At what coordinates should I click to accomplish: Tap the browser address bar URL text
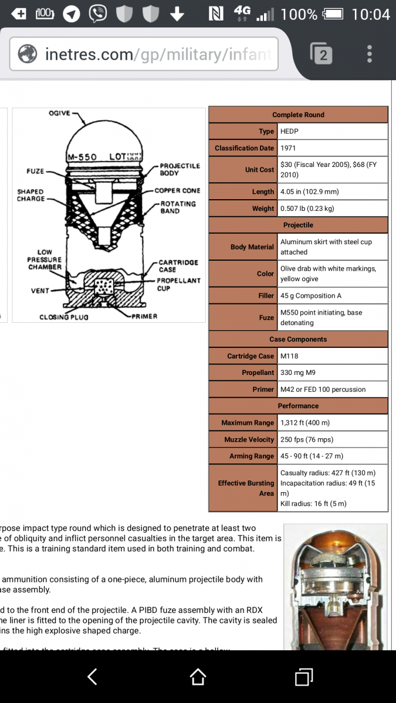click(158, 54)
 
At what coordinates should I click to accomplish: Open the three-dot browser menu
click(370, 54)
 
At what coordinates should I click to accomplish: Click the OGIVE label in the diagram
click(59, 114)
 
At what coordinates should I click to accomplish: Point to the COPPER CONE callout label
click(177, 190)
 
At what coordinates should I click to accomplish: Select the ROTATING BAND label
click(178, 207)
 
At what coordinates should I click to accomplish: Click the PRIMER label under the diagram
click(145, 316)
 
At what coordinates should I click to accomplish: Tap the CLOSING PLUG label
click(64, 317)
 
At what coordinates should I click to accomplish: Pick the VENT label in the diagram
click(40, 291)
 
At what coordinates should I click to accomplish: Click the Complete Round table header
click(298, 115)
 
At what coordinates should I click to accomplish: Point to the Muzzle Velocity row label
click(249, 439)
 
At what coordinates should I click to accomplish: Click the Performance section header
click(298, 405)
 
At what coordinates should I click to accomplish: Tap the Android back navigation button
click(93, 677)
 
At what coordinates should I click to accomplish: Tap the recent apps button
click(303, 677)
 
